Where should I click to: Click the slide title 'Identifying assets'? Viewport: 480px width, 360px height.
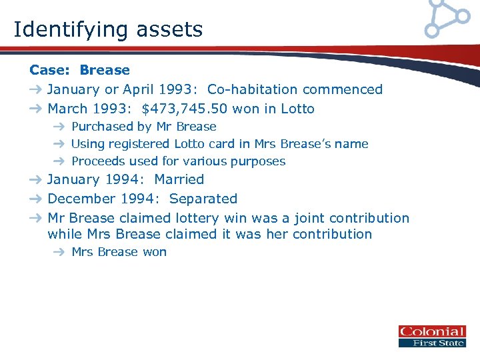pyautogui.click(x=108, y=29)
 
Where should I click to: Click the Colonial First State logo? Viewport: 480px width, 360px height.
pyautogui.click(x=431, y=337)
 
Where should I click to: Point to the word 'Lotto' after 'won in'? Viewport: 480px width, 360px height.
pyautogui.click(x=297, y=109)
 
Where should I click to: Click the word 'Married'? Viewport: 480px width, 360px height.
pyautogui.click(x=179, y=179)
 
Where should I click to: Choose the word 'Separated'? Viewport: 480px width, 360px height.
pyautogui.click(x=203, y=199)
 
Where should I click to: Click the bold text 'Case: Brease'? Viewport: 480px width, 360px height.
pyautogui.click(x=80, y=70)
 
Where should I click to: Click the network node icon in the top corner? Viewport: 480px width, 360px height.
pyautogui.click(x=447, y=17)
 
